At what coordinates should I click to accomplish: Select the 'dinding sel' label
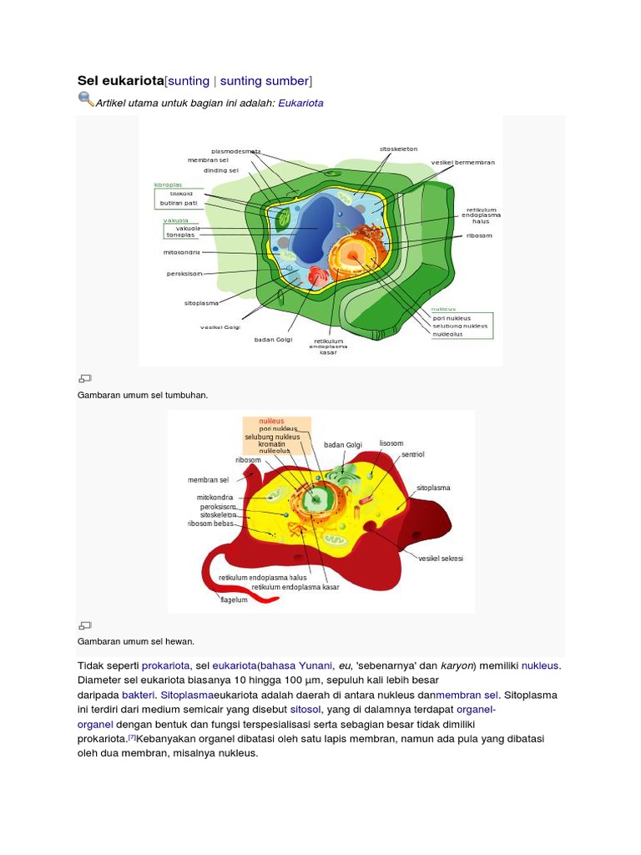(221, 169)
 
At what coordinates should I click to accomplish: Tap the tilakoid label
(181, 194)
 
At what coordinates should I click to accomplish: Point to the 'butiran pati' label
(179, 203)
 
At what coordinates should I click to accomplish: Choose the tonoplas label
(180, 235)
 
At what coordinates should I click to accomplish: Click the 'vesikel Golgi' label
(220, 327)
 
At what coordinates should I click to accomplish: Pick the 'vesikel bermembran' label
(463, 162)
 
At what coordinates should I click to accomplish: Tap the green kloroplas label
(168, 185)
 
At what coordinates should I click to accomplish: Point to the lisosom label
(391, 443)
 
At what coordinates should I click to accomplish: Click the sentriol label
(413, 455)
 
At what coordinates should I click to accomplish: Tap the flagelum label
(234, 600)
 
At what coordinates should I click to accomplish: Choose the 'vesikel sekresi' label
(441, 559)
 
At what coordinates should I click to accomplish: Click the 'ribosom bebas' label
(210, 524)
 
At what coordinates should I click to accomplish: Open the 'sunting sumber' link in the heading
(265, 80)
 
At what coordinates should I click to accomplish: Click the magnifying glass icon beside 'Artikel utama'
(86, 99)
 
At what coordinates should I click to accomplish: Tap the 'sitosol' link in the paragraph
(305, 709)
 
